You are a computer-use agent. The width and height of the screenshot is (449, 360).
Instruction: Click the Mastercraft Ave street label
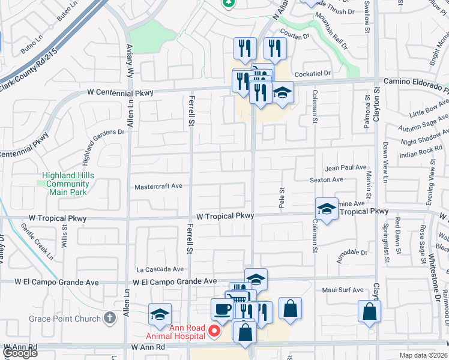[158, 187]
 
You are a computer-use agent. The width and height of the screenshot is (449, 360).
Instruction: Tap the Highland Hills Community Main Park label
[65, 184]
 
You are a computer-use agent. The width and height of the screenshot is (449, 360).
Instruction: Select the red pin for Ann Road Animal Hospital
[213, 330]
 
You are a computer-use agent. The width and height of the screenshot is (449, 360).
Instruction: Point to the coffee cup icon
[221, 309]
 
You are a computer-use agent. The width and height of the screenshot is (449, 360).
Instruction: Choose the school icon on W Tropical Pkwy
[327, 209]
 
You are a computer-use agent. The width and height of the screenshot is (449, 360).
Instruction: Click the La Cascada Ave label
[160, 269]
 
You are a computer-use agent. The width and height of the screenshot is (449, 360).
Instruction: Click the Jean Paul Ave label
[345, 168]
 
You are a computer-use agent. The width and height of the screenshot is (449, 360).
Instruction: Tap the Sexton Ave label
[327, 179]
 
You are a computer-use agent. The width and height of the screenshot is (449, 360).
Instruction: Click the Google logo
[20, 353]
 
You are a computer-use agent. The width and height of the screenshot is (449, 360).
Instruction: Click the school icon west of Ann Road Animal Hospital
[160, 314]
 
